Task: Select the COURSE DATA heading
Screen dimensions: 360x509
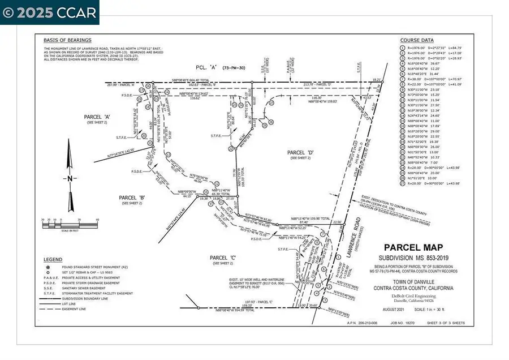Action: pyautogui.click(x=417, y=41)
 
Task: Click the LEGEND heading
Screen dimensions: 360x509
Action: pyautogui.click(x=53, y=259)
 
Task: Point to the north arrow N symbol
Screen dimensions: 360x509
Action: pyautogui.click(x=69, y=178)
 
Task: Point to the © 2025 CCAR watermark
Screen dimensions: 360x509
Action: pyautogui.click(x=50, y=12)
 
